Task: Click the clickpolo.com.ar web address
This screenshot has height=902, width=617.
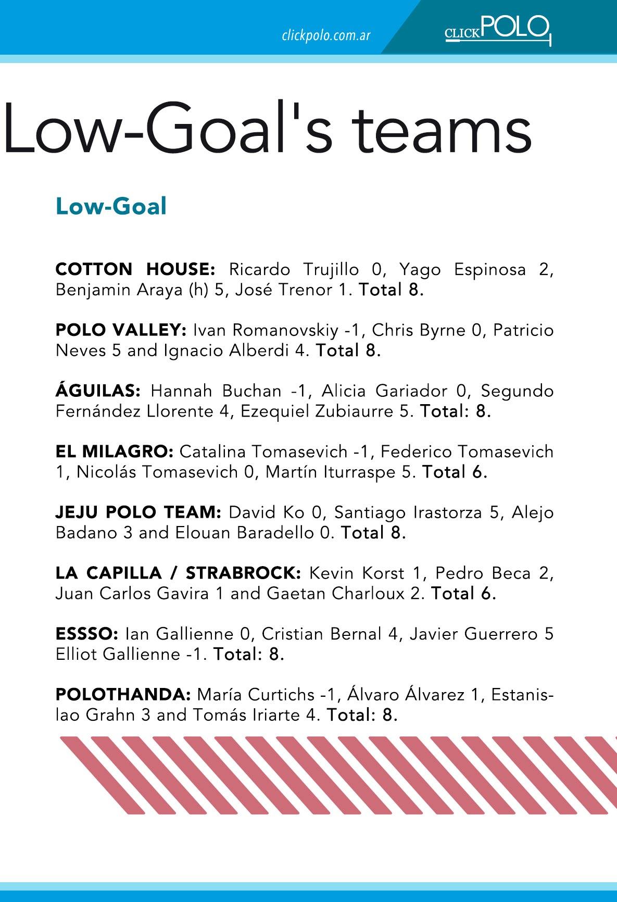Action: tap(326, 35)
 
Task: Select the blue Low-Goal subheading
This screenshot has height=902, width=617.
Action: tap(111, 206)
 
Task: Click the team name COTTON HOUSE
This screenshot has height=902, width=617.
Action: tap(135, 270)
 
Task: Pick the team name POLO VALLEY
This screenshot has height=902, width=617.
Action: tap(121, 330)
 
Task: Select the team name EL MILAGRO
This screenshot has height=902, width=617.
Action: tap(114, 452)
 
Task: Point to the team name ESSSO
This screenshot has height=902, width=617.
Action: tap(87, 634)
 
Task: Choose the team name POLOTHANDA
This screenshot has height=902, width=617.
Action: tap(123, 695)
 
